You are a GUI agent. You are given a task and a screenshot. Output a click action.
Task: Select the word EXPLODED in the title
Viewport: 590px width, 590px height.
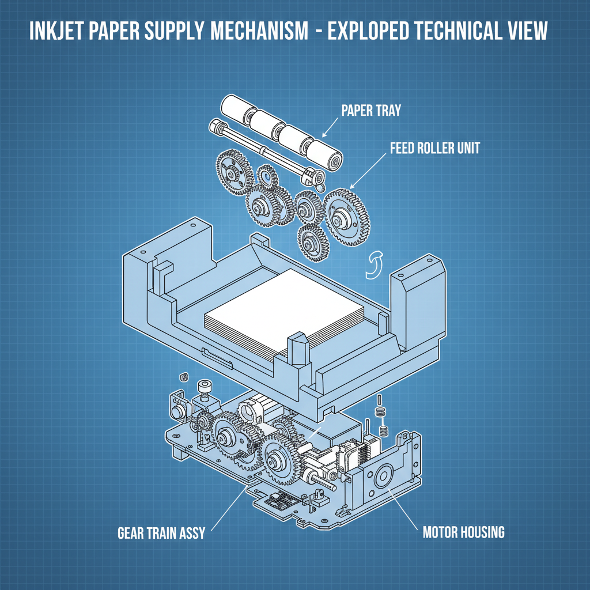(x=379, y=31)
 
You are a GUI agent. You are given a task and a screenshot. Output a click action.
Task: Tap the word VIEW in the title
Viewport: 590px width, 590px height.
(x=521, y=31)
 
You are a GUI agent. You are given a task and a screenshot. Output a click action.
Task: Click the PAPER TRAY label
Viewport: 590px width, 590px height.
(x=372, y=110)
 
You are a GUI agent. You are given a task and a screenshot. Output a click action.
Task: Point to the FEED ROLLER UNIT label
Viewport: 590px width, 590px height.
(x=435, y=148)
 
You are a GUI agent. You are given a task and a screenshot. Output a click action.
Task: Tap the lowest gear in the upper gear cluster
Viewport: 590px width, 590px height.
(x=313, y=242)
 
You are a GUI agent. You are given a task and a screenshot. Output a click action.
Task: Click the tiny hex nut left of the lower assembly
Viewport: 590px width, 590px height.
(x=184, y=377)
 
